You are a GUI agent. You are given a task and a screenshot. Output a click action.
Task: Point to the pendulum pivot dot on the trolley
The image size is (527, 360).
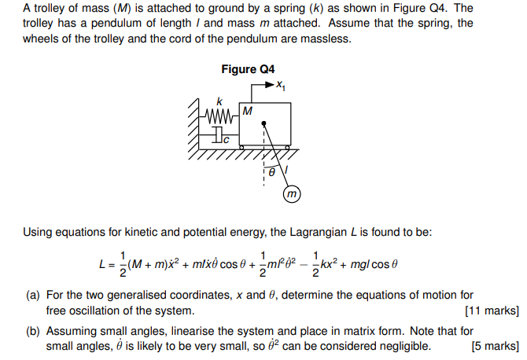pyautogui.click(x=264, y=123)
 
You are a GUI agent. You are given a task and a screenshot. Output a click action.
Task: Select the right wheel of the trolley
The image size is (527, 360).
pyautogui.click(x=287, y=147)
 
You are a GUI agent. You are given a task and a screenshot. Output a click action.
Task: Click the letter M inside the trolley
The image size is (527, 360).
pyautogui.click(x=247, y=111)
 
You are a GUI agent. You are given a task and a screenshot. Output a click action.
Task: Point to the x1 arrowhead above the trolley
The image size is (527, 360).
pyautogui.click(x=272, y=84)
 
